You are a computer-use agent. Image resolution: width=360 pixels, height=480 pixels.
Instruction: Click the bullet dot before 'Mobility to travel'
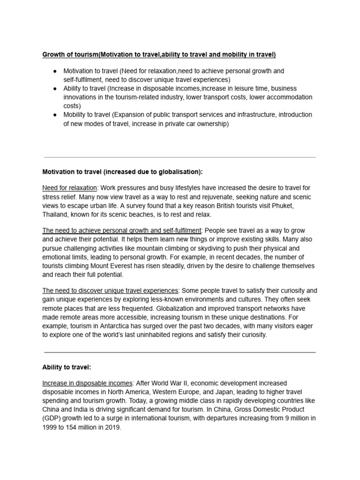click(x=55, y=115)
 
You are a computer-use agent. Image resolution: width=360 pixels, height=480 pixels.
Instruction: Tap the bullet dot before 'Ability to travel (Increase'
click(x=55, y=89)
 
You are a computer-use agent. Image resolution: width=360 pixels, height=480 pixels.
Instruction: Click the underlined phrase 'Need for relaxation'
click(x=70, y=188)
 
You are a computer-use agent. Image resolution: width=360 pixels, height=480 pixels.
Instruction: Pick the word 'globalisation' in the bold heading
click(x=180, y=172)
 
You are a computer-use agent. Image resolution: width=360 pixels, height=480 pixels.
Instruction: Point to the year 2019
click(x=112, y=427)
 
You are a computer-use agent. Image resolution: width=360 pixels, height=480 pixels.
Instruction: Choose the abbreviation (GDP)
click(x=52, y=419)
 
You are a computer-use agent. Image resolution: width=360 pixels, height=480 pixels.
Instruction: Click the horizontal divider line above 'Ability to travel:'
click(x=180, y=352)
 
